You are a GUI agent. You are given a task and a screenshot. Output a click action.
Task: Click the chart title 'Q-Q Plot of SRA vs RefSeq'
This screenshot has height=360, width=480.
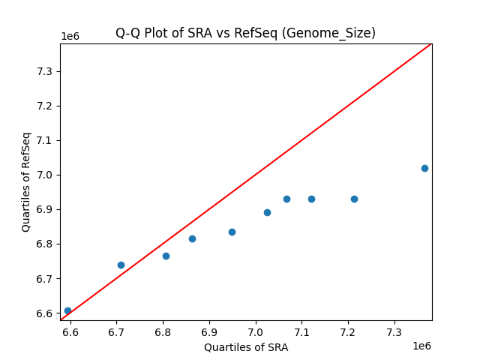click(245, 33)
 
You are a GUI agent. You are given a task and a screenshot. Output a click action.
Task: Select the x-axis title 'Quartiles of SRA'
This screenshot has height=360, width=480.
click(246, 347)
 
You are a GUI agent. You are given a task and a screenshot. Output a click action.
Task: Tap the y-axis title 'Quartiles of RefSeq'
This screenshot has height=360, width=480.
click(26, 181)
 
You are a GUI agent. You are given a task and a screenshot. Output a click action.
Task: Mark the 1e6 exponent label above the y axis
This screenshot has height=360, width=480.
click(71, 37)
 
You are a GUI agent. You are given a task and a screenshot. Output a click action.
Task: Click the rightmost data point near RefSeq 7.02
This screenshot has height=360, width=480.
click(424, 168)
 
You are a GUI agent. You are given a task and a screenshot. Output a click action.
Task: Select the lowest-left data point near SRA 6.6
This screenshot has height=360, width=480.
click(67, 310)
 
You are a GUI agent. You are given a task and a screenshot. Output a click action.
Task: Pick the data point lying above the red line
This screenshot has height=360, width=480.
click(121, 265)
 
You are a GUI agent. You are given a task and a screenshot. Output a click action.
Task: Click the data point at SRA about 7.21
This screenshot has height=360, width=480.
click(354, 199)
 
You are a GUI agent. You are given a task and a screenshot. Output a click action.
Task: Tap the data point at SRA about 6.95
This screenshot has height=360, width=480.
click(232, 232)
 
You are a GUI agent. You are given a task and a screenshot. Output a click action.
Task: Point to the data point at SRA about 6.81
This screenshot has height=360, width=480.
click(166, 256)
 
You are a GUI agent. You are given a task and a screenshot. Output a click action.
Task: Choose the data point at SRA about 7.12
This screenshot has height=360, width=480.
click(311, 199)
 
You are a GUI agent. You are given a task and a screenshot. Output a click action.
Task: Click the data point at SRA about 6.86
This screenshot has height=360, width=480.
click(192, 238)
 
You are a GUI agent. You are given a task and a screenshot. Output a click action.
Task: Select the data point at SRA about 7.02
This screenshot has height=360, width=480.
click(267, 212)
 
